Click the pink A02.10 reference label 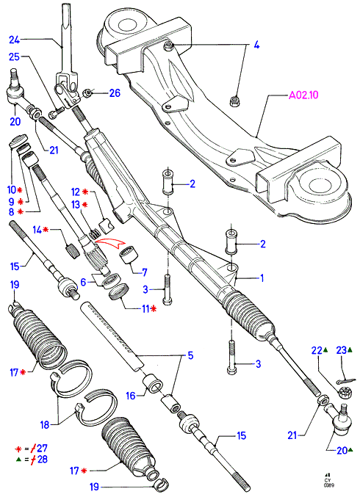pos(303,95)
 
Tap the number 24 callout pos(14,40)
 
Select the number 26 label pos(115,93)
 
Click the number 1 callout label pos(262,278)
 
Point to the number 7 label pos(144,272)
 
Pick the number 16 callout pos(131,396)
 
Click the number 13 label pos(76,205)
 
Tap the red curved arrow pos(109,244)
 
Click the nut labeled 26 pos(87,93)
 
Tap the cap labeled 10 pos(18,140)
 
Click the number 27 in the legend pos(42,449)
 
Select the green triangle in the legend pos(18,460)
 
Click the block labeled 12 pos(107,226)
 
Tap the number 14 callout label pos(37,230)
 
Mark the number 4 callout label pos(256,45)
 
